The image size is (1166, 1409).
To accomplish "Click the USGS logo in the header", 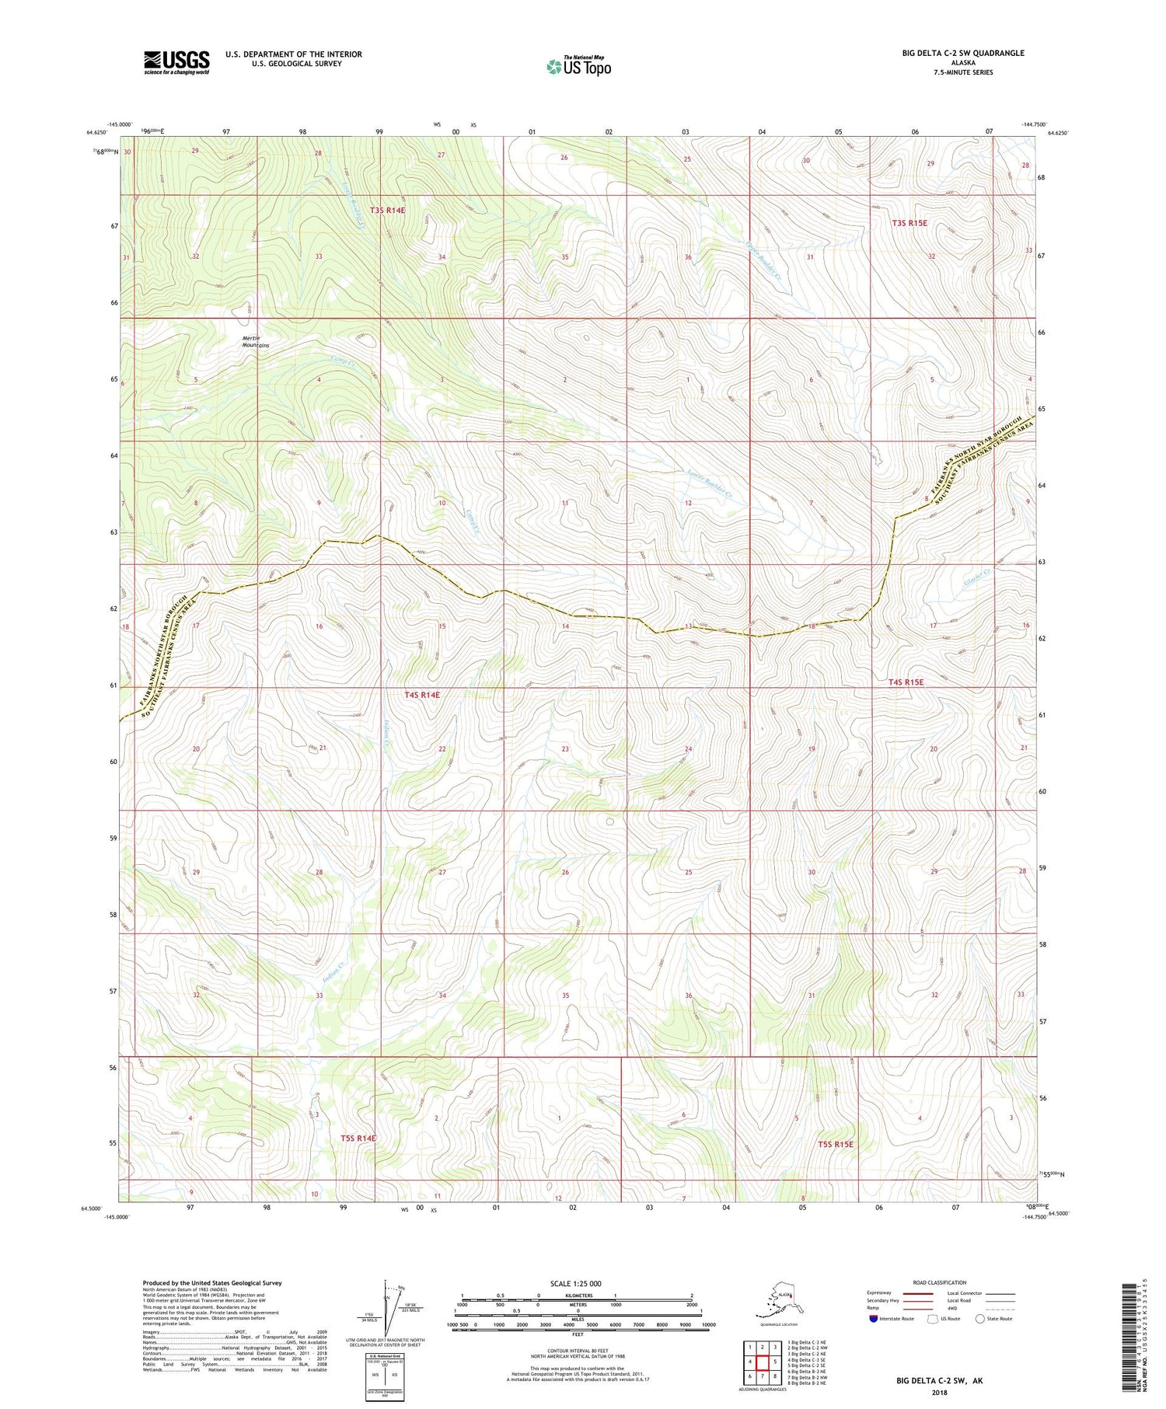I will pyautogui.click(x=176, y=61).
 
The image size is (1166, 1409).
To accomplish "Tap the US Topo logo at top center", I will pyautogui.click(x=578, y=66).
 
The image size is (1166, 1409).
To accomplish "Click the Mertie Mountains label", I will pyautogui.click(x=255, y=341).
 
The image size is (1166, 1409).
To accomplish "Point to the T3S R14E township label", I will pyautogui.click(x=387, y=210).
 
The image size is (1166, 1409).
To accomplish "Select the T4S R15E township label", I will pyautogui.click(x=906, y=682).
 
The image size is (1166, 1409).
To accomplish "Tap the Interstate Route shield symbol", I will pyautogui.click(x=874, y=1318).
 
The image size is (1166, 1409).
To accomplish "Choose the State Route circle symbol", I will pyautogui.click(x=980, y=1318).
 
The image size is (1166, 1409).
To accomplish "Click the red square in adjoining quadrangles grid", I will pyautogui.click(x=763, y=1362).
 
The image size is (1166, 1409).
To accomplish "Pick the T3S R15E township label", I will pyautogui.click(x=909, y=222).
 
